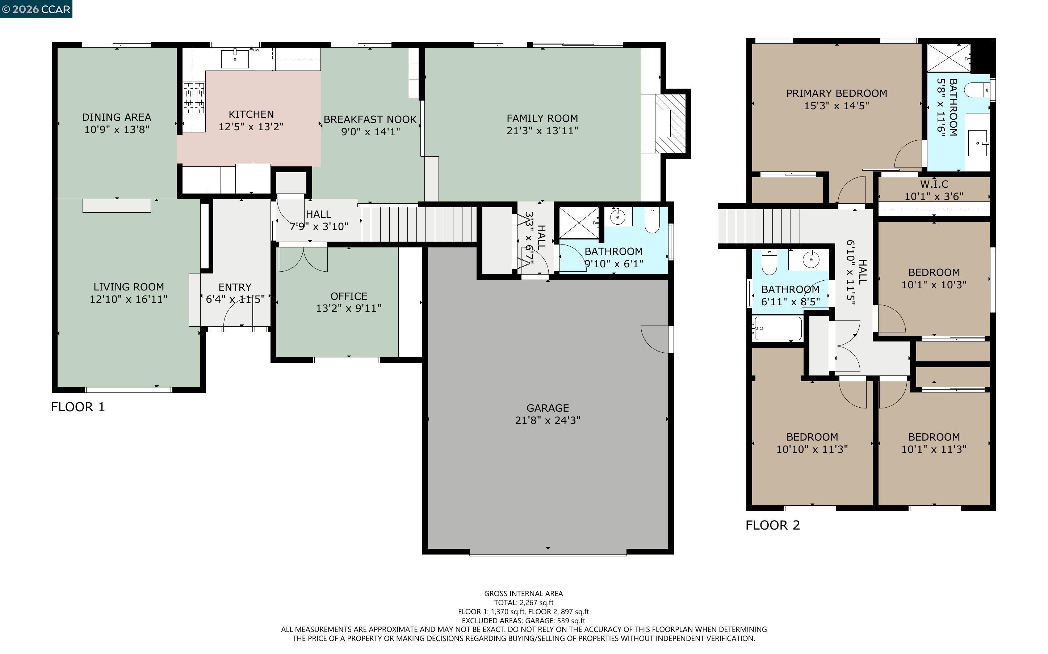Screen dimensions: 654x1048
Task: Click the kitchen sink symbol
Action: point(235,59)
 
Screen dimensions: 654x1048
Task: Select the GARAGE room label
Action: point(547,408)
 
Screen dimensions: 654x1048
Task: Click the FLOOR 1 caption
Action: point(78,407)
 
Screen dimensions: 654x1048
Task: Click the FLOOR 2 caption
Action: point(772,525)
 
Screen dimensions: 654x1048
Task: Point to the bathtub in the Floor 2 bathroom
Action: point(777,329)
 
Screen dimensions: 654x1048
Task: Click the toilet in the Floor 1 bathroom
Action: point(651,221)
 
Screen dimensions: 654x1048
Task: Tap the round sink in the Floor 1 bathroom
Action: point(618,217)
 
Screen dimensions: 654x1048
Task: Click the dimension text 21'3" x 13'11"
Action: point(542,131)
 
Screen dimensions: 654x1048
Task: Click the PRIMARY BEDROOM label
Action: point(836,93)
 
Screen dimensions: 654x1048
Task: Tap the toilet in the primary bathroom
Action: point(978,90)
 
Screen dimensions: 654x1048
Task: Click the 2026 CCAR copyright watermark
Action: point(36,9)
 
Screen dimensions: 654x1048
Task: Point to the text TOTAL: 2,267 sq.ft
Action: point(523,603)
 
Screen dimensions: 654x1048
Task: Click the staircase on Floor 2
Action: point(758,226)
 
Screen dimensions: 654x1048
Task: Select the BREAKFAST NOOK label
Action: point(370,119)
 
